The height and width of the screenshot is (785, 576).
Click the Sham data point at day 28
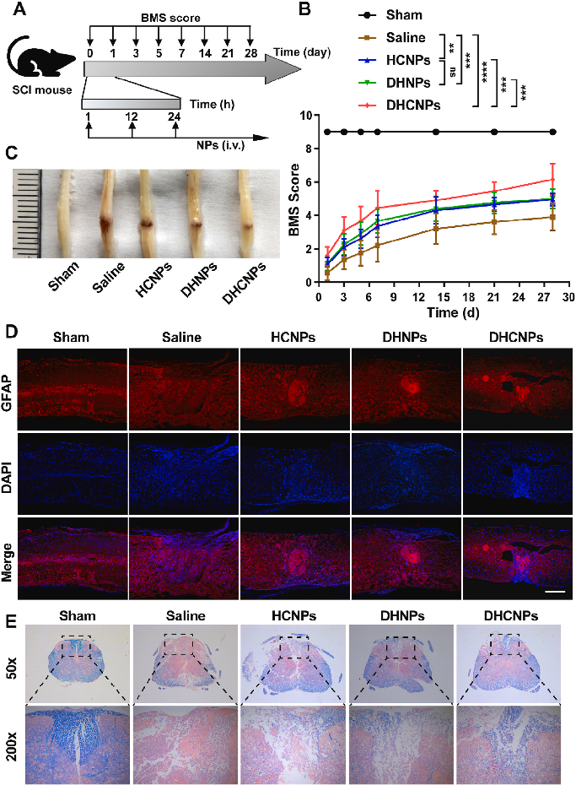pos(553,132)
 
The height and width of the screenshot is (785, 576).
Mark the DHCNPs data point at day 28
pos(553,179)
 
